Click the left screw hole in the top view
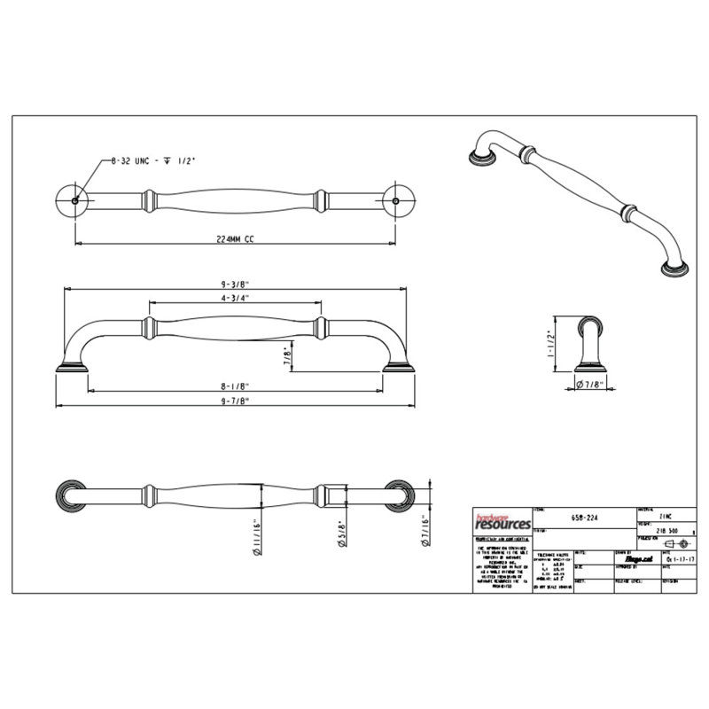pyautogui.click(x=75, y=200)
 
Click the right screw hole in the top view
pyautogui.click(x=396, y=200)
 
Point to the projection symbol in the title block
pyautogui.click(x=677, y=541)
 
